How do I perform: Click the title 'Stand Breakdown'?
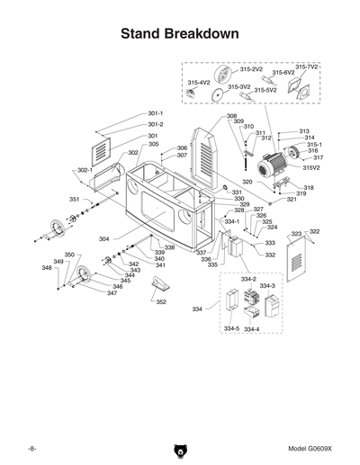pyautogui.click(x=179, y=33)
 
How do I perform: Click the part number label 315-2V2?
pyautogui.click(x=251, y=69)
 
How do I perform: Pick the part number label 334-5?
pyautogui.click(x=231, y=329)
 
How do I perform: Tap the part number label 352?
pyautogui.click(x=161, y=302)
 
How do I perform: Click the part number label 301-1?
pyautogui.click(x=155, y=113)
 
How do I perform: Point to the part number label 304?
pyautogui.click(x=104, y=239)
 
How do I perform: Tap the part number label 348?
pyautogui.click(x=47, y=268)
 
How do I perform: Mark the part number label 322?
pyautogui.click(x=314, y=231)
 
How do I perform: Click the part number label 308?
pyautogui.click(x=231, y=116)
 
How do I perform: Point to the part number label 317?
pyautogui.click(x=318, y=157)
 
